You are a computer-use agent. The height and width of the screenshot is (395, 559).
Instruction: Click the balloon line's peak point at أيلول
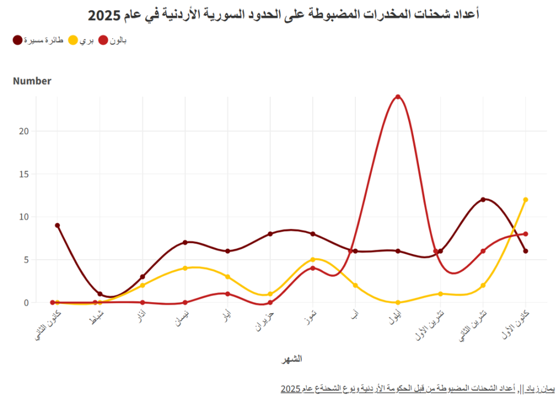(x=398, y=97)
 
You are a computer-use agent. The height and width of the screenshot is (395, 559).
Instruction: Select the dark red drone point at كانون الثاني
(x=57, y=225)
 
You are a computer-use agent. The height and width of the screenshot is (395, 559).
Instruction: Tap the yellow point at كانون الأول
(x=526, y=200)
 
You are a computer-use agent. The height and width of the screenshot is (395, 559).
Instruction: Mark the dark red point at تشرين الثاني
(x=483, y=200)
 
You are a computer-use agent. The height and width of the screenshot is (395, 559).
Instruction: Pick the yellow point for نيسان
(x=185, y=268)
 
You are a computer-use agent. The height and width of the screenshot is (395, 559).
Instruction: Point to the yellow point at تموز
(x=313, y=260)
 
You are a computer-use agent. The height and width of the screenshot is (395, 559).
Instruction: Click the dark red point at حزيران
(x=270, y=234)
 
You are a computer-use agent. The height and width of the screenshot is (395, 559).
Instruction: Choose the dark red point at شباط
(x=100, y=294)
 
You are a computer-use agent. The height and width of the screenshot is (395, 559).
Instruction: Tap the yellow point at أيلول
(x=398, y=302)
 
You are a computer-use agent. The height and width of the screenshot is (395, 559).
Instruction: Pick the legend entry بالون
(x=113, y=40)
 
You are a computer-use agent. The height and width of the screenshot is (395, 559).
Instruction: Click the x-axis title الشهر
(x=292, y=358)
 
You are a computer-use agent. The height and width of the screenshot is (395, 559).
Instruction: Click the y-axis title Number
(x=32, y=81)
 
